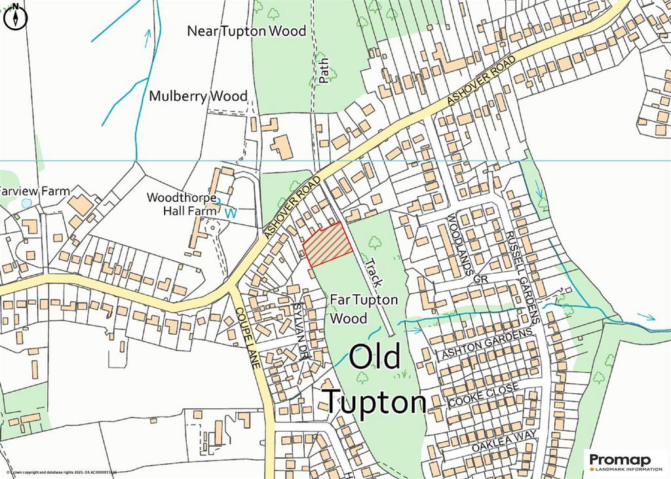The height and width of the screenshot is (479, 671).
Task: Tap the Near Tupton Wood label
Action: (x=246, y=31)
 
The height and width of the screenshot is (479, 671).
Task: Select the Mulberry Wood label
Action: (x=198, y=96)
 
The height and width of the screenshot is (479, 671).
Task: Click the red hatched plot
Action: (x=328, y=244)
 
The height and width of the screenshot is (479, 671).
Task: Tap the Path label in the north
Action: (x=323, y=71)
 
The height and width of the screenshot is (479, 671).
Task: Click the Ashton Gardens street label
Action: (x=487, y=343)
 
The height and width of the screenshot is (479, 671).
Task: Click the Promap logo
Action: (x=625, y=461)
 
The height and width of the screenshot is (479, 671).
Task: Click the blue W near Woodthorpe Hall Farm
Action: (x=229, y=213)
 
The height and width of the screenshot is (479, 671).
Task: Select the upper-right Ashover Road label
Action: (x=482, y=82)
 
